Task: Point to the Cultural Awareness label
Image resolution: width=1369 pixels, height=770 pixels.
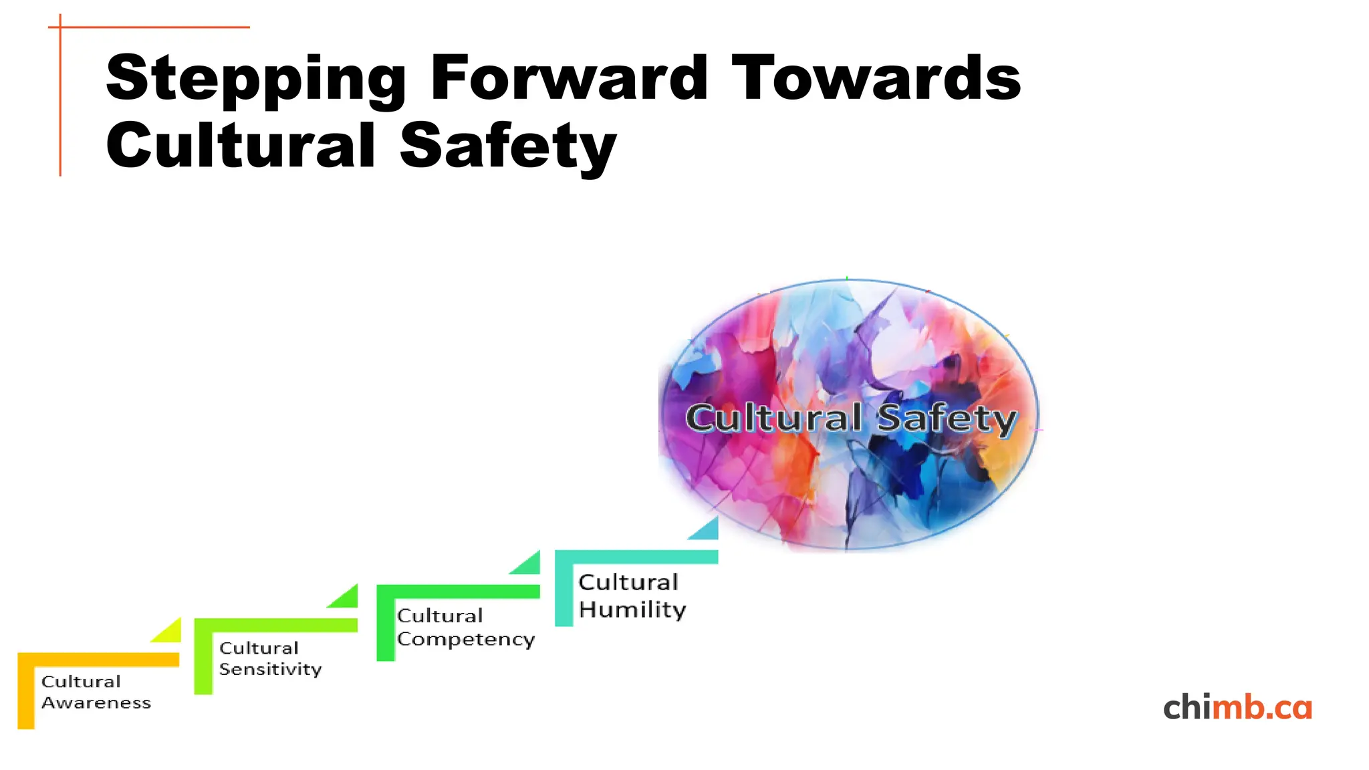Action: [x=96, y=692]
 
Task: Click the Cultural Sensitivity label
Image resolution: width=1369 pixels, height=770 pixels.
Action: [x=270, y=658]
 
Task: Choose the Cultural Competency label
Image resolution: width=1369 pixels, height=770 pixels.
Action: [x=465, y=627]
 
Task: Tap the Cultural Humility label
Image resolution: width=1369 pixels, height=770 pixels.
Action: [x=632, y=596]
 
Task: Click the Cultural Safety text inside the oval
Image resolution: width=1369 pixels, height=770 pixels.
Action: [x=851, y=418]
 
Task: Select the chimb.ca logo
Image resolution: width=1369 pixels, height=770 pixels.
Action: [x=1237, y=707]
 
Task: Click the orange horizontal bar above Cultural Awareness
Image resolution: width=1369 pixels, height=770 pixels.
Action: [x=99, y=659]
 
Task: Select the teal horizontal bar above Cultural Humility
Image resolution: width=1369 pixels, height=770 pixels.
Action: [x=636, y=557]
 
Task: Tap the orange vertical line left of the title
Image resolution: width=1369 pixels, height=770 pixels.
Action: [x=60, y=100]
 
